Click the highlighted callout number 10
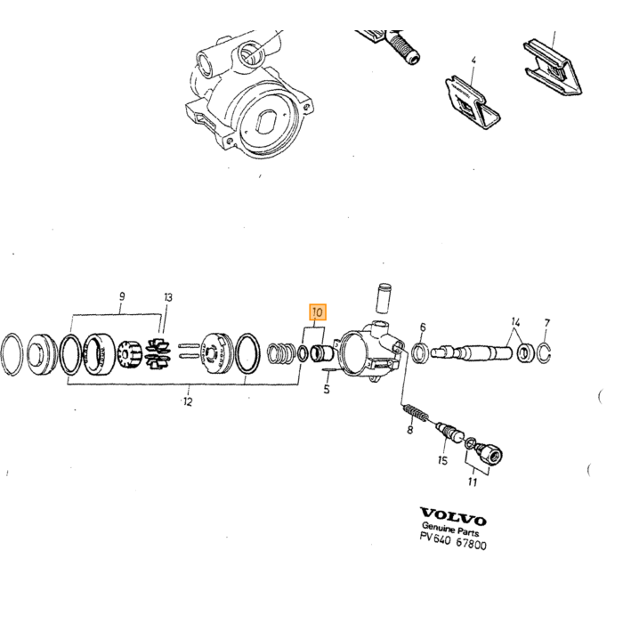click(x=318, y=312)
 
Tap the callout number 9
click(x=122, y=296)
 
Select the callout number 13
click(x=168, y=297)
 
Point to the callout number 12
click(x=188, y=401)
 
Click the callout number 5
click(x=327, y=389)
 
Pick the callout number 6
click(x=423, y=327)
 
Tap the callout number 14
click(x=515, y=321)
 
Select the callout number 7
click(x=547, y=323)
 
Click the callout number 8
click(x=410, y=430)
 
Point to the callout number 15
click(x=442, y=460)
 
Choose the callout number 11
click(x=472, y=482)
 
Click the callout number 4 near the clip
click(x=473, y=61)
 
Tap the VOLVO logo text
click(x=453, y=515)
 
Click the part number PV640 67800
click(x=453, y=541)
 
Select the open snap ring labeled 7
click(x=544, y=352)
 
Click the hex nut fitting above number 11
click(x=490, y=453)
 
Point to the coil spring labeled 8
click(x=416, y=413)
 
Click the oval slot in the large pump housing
click(x=267, y=122)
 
